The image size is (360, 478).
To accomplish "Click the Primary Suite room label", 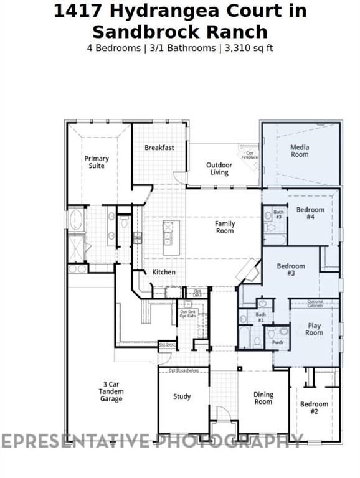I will tap(97, 162).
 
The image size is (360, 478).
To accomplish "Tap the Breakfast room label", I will tap(159, 148).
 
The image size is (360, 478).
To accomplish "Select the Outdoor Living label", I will tap(219, 169).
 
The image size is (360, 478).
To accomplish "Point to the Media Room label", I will tap(300, 151).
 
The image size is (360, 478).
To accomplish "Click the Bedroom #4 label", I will tap(310, 213).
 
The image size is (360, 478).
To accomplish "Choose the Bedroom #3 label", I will tap(290, 269).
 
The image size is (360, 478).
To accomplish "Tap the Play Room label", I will tap(314, 329).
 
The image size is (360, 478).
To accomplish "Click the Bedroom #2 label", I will tap(314, 408).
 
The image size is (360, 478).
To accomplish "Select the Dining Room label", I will tap(263, 398).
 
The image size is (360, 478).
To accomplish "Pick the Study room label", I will tap(182, 396).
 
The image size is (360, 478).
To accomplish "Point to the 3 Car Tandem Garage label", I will tap(111, 391).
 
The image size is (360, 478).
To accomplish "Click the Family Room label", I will tap(225, 227).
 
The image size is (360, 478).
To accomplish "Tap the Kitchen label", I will tap(164, 272).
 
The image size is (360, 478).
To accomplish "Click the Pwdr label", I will tap(277, 342).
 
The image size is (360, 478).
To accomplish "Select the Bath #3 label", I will tap(278, 215).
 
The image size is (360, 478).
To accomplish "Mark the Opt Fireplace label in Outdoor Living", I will tap(249, 155).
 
